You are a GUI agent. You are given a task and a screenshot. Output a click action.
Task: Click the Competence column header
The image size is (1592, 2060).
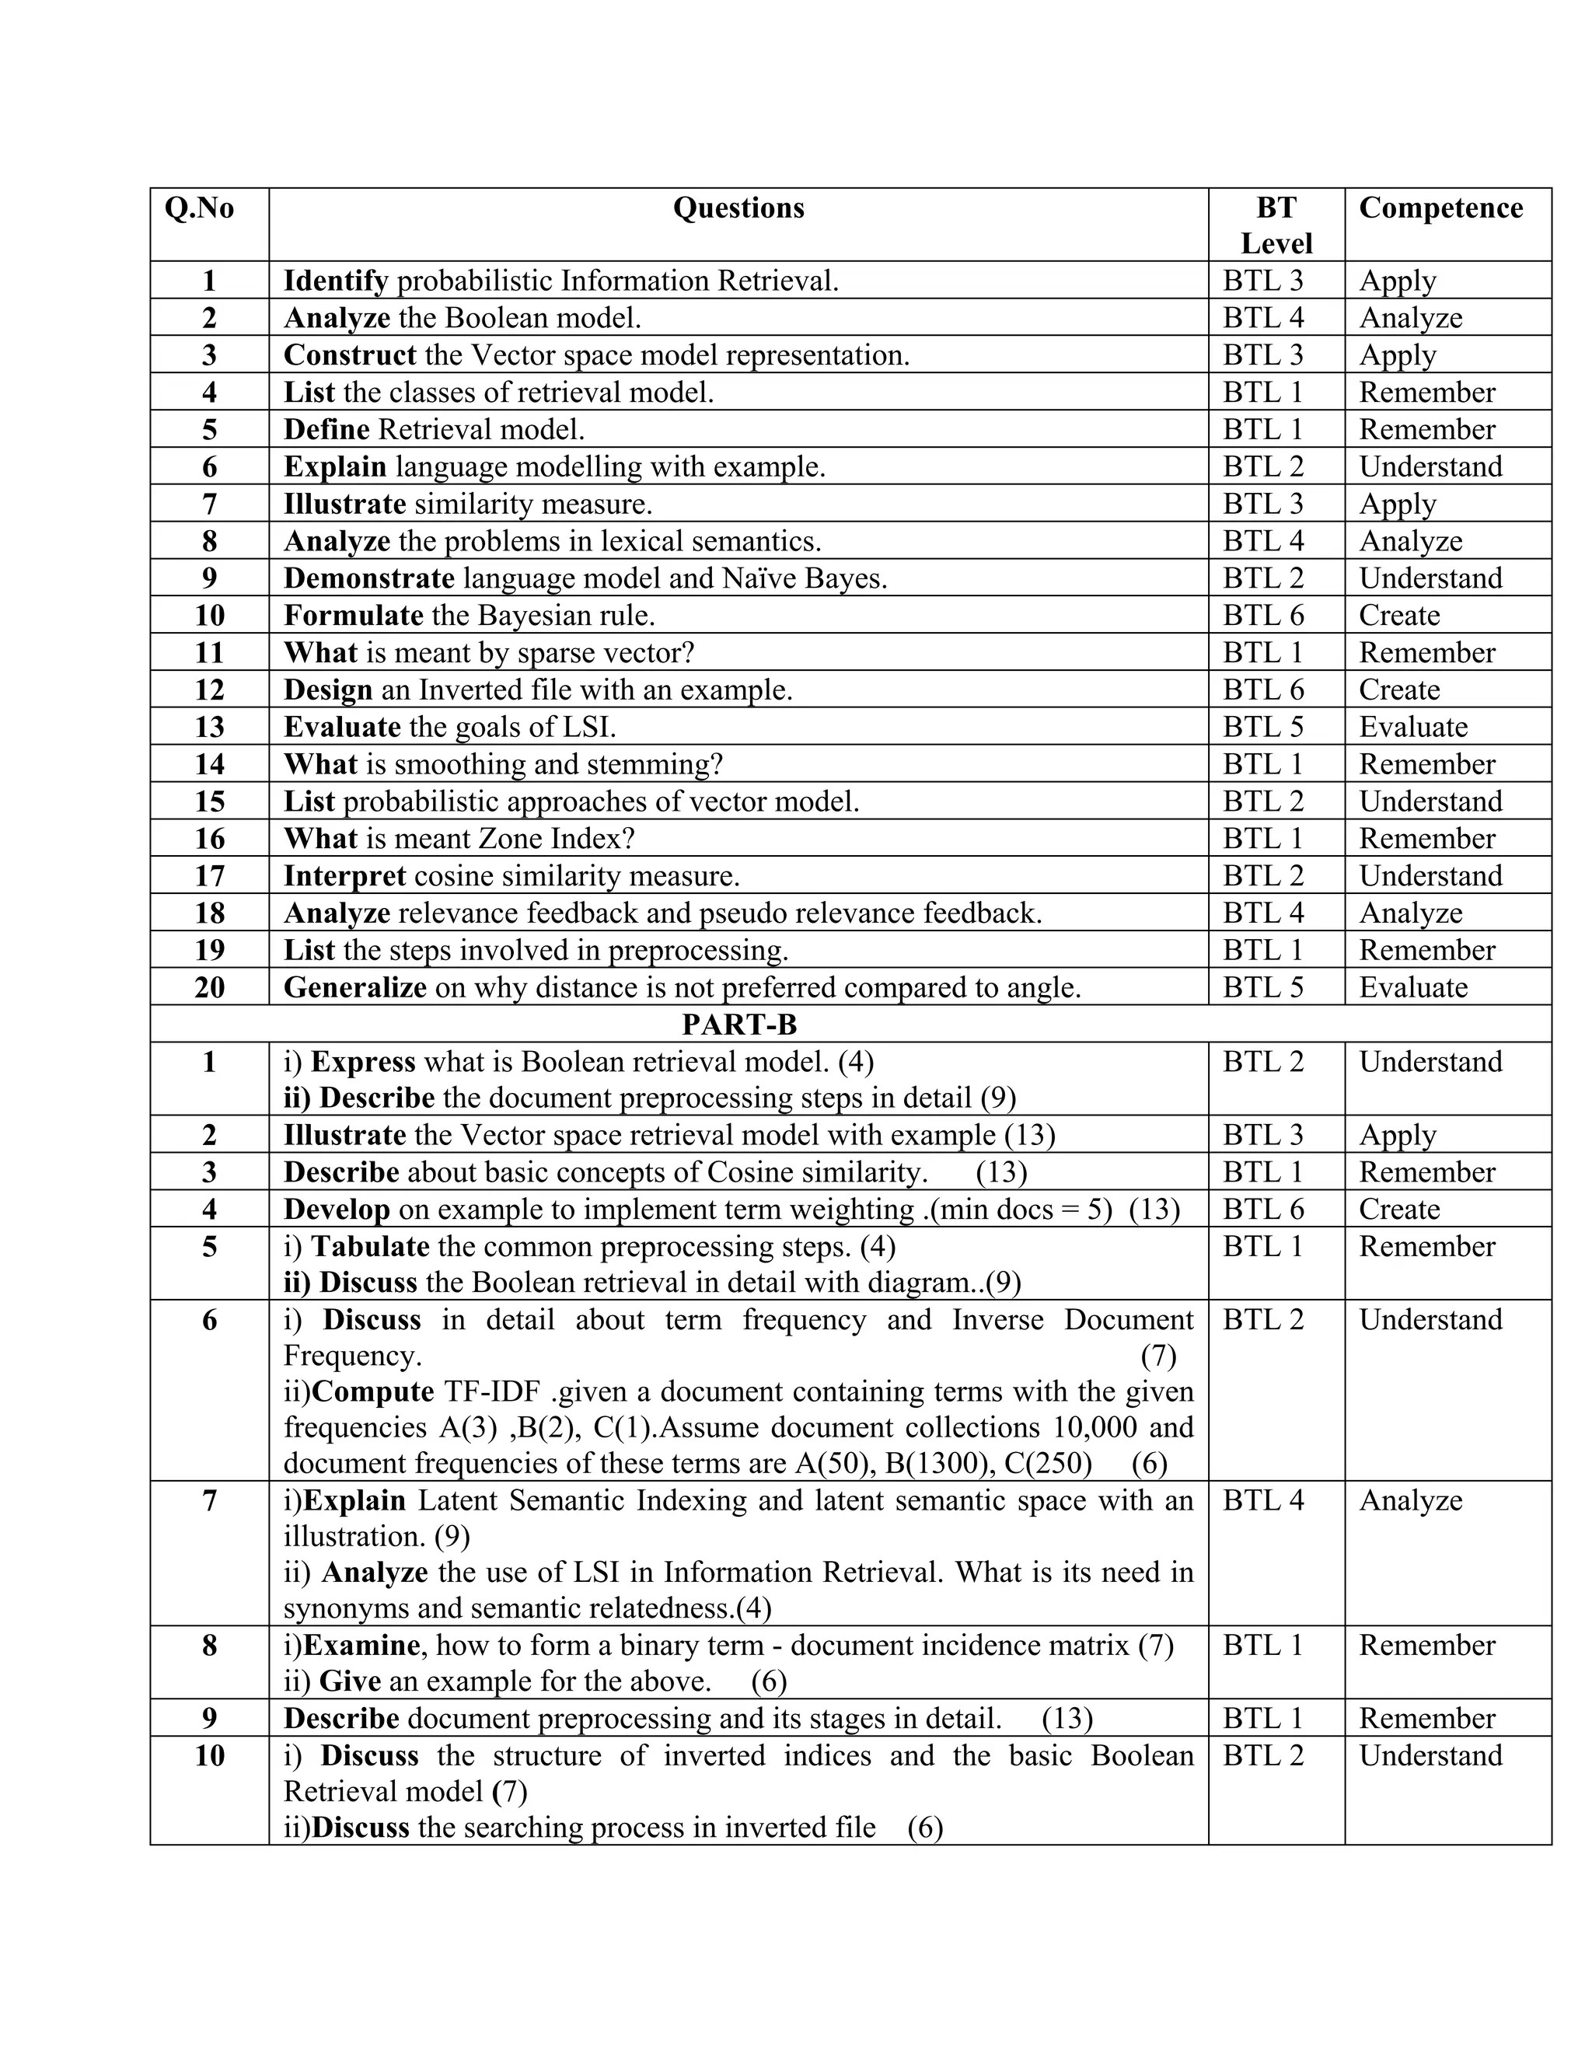[1440, 208]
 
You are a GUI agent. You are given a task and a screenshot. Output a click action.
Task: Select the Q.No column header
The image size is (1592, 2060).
[199, 208]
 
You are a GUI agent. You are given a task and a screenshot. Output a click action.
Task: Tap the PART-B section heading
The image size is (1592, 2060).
[739, 1025]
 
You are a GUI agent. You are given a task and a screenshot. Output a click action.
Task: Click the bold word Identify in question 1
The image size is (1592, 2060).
[336, 281]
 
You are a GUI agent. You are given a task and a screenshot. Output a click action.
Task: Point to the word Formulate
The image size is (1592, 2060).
[353, 616]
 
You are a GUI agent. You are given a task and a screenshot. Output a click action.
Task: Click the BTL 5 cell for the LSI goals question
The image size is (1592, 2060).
[1263, 728]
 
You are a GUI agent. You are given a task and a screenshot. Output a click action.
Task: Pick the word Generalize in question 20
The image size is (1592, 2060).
[354, 987]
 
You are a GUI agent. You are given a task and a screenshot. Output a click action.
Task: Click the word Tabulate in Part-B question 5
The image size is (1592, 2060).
[371, 1247]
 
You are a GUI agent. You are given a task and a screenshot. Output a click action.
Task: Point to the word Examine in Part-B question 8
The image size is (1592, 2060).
[361, 1646]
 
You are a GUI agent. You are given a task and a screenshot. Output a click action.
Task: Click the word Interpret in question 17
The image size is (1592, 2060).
[344, 876]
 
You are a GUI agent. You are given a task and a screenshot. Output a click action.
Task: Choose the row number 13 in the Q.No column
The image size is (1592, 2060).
[209, 728]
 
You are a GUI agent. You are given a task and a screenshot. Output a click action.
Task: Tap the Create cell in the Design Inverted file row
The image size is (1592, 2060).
[1398, 690]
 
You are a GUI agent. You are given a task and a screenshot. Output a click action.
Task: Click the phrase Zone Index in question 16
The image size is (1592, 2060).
[562, 840]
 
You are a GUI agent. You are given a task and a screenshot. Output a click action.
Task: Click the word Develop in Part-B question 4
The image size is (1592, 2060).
[337, 1210]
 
